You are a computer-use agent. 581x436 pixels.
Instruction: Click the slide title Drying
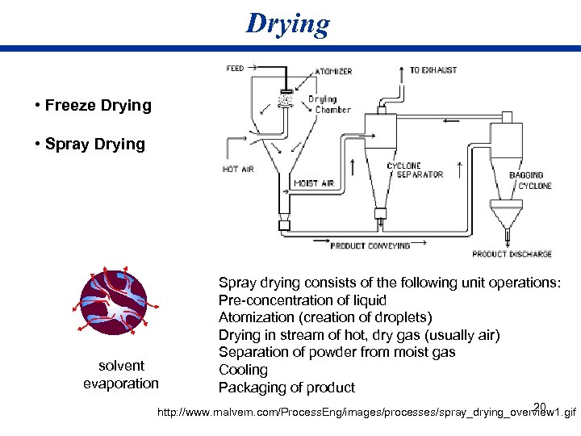[288, 23]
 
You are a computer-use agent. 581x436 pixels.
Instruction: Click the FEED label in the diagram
[236, 69]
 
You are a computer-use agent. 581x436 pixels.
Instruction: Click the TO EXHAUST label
[433, 70]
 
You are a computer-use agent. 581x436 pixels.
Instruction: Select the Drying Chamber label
[329, 104]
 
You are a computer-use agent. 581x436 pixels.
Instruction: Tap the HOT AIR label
[238, 170]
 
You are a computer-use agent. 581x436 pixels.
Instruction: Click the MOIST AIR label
[314, 183]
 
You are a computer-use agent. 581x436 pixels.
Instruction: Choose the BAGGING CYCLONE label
[530, 180]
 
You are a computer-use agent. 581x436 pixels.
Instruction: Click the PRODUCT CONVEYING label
[370, 245]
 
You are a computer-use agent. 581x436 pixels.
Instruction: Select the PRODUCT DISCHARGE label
[512, 254]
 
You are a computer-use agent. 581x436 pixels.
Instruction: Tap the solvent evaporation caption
[121, 375]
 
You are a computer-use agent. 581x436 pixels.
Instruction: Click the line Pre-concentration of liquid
[303, 300]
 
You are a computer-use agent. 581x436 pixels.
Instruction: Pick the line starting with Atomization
[325, 317]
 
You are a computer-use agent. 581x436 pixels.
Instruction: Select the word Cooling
[243, 370]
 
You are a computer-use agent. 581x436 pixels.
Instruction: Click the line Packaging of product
[286, 388]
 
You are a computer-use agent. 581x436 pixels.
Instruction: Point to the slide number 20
[540, 406]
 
